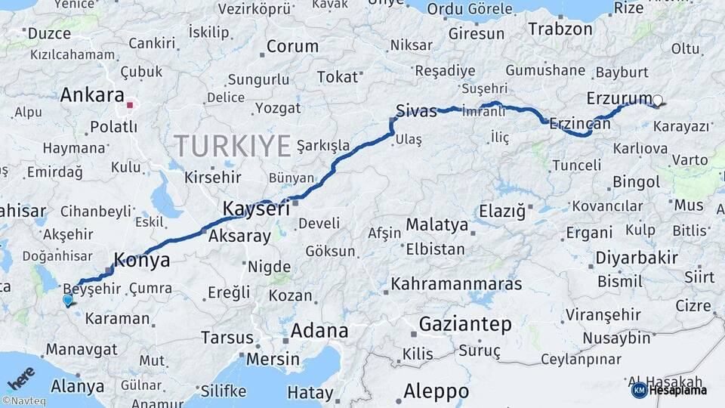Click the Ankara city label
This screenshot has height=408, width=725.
[x=91, y=96]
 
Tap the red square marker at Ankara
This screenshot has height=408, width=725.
[x=130, y=106]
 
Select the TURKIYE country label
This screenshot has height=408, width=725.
[x=232, y=146]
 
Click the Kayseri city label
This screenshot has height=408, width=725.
[x=256, y=209]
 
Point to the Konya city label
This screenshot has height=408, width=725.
[x=141, y=261]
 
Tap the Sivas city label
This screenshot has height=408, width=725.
[x=416, y=112]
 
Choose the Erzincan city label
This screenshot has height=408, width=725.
[x=580, y=123]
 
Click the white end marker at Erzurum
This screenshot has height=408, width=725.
[x=657, y=100]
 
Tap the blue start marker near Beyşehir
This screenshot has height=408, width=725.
[x=68, y=300]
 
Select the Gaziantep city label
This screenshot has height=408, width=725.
[x=464, y=325]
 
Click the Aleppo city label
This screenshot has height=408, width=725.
[x=436, y=391]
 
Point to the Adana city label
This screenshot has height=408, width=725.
[x=320, y=331]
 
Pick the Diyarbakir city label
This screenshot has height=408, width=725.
[x=637, y=258]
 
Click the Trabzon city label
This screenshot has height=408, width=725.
[x=560, y=29]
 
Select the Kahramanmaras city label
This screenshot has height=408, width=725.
[x=456, y=285]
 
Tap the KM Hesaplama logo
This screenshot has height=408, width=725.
[x=674, y=390]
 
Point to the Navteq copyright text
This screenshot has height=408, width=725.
[x=23, y=401]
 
